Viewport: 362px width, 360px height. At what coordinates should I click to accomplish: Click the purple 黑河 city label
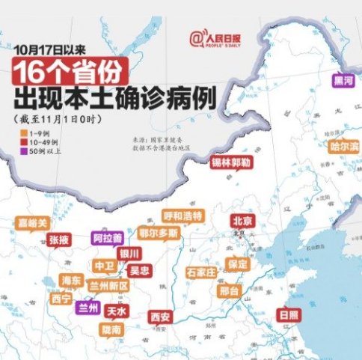tap(344, 81)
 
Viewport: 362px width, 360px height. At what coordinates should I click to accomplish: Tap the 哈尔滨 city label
tap(344, 146)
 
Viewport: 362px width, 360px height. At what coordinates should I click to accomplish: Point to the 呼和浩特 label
tap(182, 216)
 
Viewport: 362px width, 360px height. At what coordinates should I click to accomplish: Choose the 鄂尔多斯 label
tap(159, 233)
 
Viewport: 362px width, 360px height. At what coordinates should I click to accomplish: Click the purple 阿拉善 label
tap(107, 238)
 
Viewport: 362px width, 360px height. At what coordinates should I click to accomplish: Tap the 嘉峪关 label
tap(34, 223)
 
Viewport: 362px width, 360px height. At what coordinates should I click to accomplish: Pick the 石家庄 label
tap(200, 270)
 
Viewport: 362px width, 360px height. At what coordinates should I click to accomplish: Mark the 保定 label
tap(238, 264)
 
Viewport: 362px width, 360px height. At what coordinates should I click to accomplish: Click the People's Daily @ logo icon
tap(197, 36)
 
